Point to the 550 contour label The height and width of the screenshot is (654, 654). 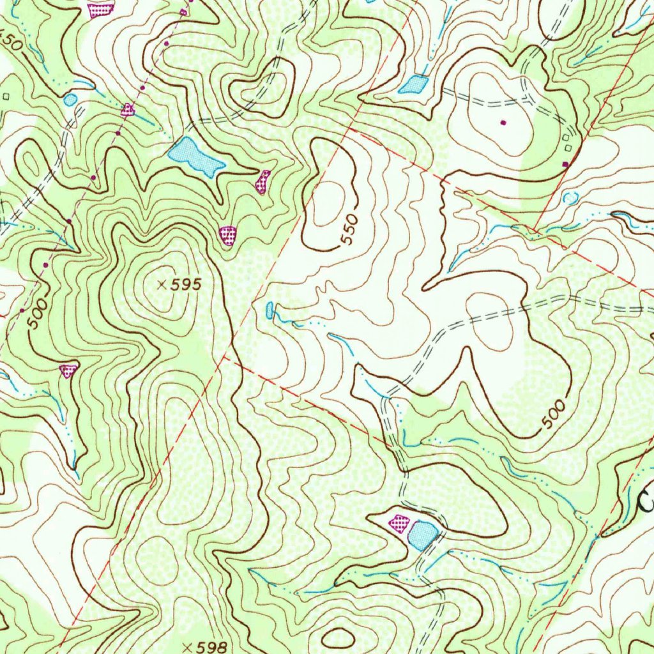pyautogui.click(x=349, y=231)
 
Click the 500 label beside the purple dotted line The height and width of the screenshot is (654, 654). pyautogui.click(x=38, y=313)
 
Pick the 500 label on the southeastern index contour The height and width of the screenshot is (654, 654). pyautogui.click(x=553, y=414)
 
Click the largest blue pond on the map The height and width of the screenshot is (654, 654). pyautogui.click(x=195, y=156)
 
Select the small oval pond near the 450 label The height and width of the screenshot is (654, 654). pyautogui.click(x=70, y=99)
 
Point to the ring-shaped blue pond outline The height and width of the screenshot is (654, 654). pyautogui.click(x=570, y=197)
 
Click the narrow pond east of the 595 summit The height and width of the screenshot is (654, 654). pyautogui.click(x=270, y=310)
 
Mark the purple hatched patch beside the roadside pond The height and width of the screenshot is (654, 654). pyautogui.click(x=400, y=523)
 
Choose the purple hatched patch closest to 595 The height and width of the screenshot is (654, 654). pyautogui.click(x=227, y=235)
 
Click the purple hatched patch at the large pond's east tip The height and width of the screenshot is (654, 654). pyautogui.click(x=262, y=181)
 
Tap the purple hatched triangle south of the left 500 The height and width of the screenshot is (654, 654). pyautogui.click(x=68, y=370)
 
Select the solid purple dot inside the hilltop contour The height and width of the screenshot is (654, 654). pyautogui.click(x=503, y=123)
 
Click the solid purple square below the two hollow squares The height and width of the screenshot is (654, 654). pyautogui.click(x=565, y=165)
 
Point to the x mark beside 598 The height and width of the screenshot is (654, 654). pyautogui.click(x=186, y=647)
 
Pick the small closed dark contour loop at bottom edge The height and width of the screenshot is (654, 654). pyautogui.click(x=338, y=637)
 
